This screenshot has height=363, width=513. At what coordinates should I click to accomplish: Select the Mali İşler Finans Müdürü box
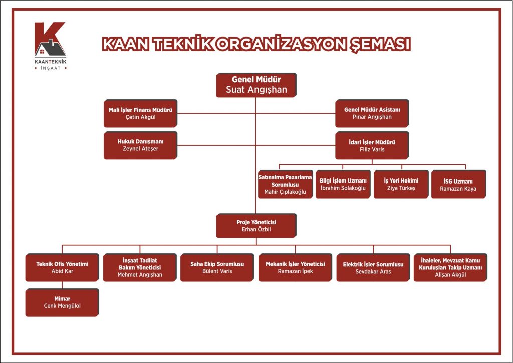pyautogui.click(x=140, y=113)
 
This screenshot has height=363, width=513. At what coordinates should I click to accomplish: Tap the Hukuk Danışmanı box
pyautogui.click(x=140, y=145)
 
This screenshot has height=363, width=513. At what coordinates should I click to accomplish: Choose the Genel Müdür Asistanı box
pyautogui.click(x=372, y=113)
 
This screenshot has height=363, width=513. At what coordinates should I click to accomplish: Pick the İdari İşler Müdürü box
pyautogui.click(x=372, y=145)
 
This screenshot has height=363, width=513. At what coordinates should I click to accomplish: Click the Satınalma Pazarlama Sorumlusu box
pyautogui.click(x=285, y=184)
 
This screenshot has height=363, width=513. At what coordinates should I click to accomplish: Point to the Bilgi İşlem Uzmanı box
pyautogui.click(x=343, y=184)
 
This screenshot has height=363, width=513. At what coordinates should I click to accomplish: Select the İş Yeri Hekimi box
pyautogui.click(x=401, y=184)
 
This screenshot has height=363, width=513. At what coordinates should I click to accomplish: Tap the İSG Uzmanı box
pyautogui.click(x=458, y=184)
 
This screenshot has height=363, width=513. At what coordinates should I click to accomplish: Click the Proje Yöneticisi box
pyautogui.click(x=256, y=225)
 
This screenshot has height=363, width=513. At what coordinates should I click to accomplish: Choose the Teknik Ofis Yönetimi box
pyautogui.click(x=62, y=267)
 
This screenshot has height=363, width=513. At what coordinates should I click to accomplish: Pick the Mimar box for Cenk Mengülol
pyautogui.click(x=62, y=302)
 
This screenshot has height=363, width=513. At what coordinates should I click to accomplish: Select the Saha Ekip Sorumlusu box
pyautogui.click(x=217, y=267)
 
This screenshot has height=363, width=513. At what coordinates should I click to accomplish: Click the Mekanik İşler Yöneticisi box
pyautogui.click(x=295, y=267)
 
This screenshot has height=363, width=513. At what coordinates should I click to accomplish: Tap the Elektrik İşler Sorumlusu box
pyautogui.click(x=373, y=267)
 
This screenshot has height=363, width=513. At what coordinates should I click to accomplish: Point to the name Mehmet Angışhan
pyautogui.click(x=140, y=275)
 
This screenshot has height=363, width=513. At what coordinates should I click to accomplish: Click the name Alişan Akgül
pyautogui.click(x=450, y=275)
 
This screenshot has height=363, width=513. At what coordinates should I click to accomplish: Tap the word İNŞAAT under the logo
pyautogui.click(x=51, y=68)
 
